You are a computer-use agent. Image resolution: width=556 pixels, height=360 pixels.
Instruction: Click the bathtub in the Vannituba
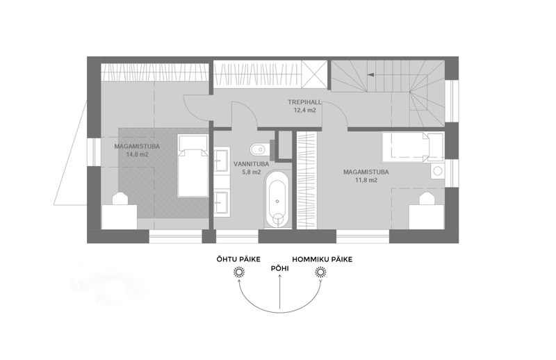(277, 199)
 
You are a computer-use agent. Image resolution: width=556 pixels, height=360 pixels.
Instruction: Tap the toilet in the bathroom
(259, 148)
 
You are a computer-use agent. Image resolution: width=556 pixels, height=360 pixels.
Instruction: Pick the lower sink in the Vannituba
(222, 202)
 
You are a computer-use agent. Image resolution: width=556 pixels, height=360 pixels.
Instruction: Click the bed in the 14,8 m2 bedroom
(192, 166)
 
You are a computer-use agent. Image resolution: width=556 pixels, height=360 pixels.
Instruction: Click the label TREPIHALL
(303, 102)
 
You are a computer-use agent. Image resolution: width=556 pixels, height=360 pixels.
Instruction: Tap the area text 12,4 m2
(303, 110)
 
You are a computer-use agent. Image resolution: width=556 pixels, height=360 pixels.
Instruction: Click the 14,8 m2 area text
(138, 154)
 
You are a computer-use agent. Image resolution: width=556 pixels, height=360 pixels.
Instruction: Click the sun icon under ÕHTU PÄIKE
(238, 274)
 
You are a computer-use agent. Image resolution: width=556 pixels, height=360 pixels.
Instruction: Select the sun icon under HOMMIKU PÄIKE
(320, 274)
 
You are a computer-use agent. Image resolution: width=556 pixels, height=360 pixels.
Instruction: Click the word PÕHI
(279, 264)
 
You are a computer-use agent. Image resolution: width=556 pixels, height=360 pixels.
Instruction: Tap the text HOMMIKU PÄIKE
(322, 259)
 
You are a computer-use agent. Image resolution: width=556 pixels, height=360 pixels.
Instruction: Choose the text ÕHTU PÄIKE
(238, 259)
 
